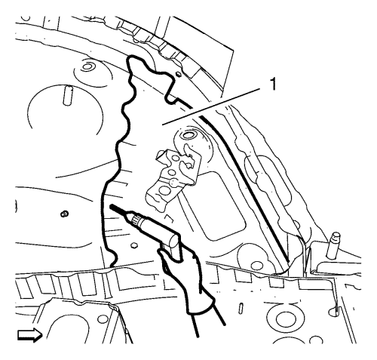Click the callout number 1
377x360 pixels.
(272, 84)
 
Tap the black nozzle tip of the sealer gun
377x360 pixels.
(118, 211)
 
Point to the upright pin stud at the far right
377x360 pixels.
(333, 245)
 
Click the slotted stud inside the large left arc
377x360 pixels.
(68, 95)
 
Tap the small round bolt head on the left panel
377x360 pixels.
(64, 214)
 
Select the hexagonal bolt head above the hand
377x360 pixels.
(134, 245)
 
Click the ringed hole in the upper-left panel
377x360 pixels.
(87, 66)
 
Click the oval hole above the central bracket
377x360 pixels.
(188, 136)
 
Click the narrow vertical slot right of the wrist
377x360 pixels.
(241, 307)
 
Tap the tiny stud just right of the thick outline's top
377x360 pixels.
(178, 74)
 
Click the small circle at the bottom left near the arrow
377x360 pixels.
(102, 319)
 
